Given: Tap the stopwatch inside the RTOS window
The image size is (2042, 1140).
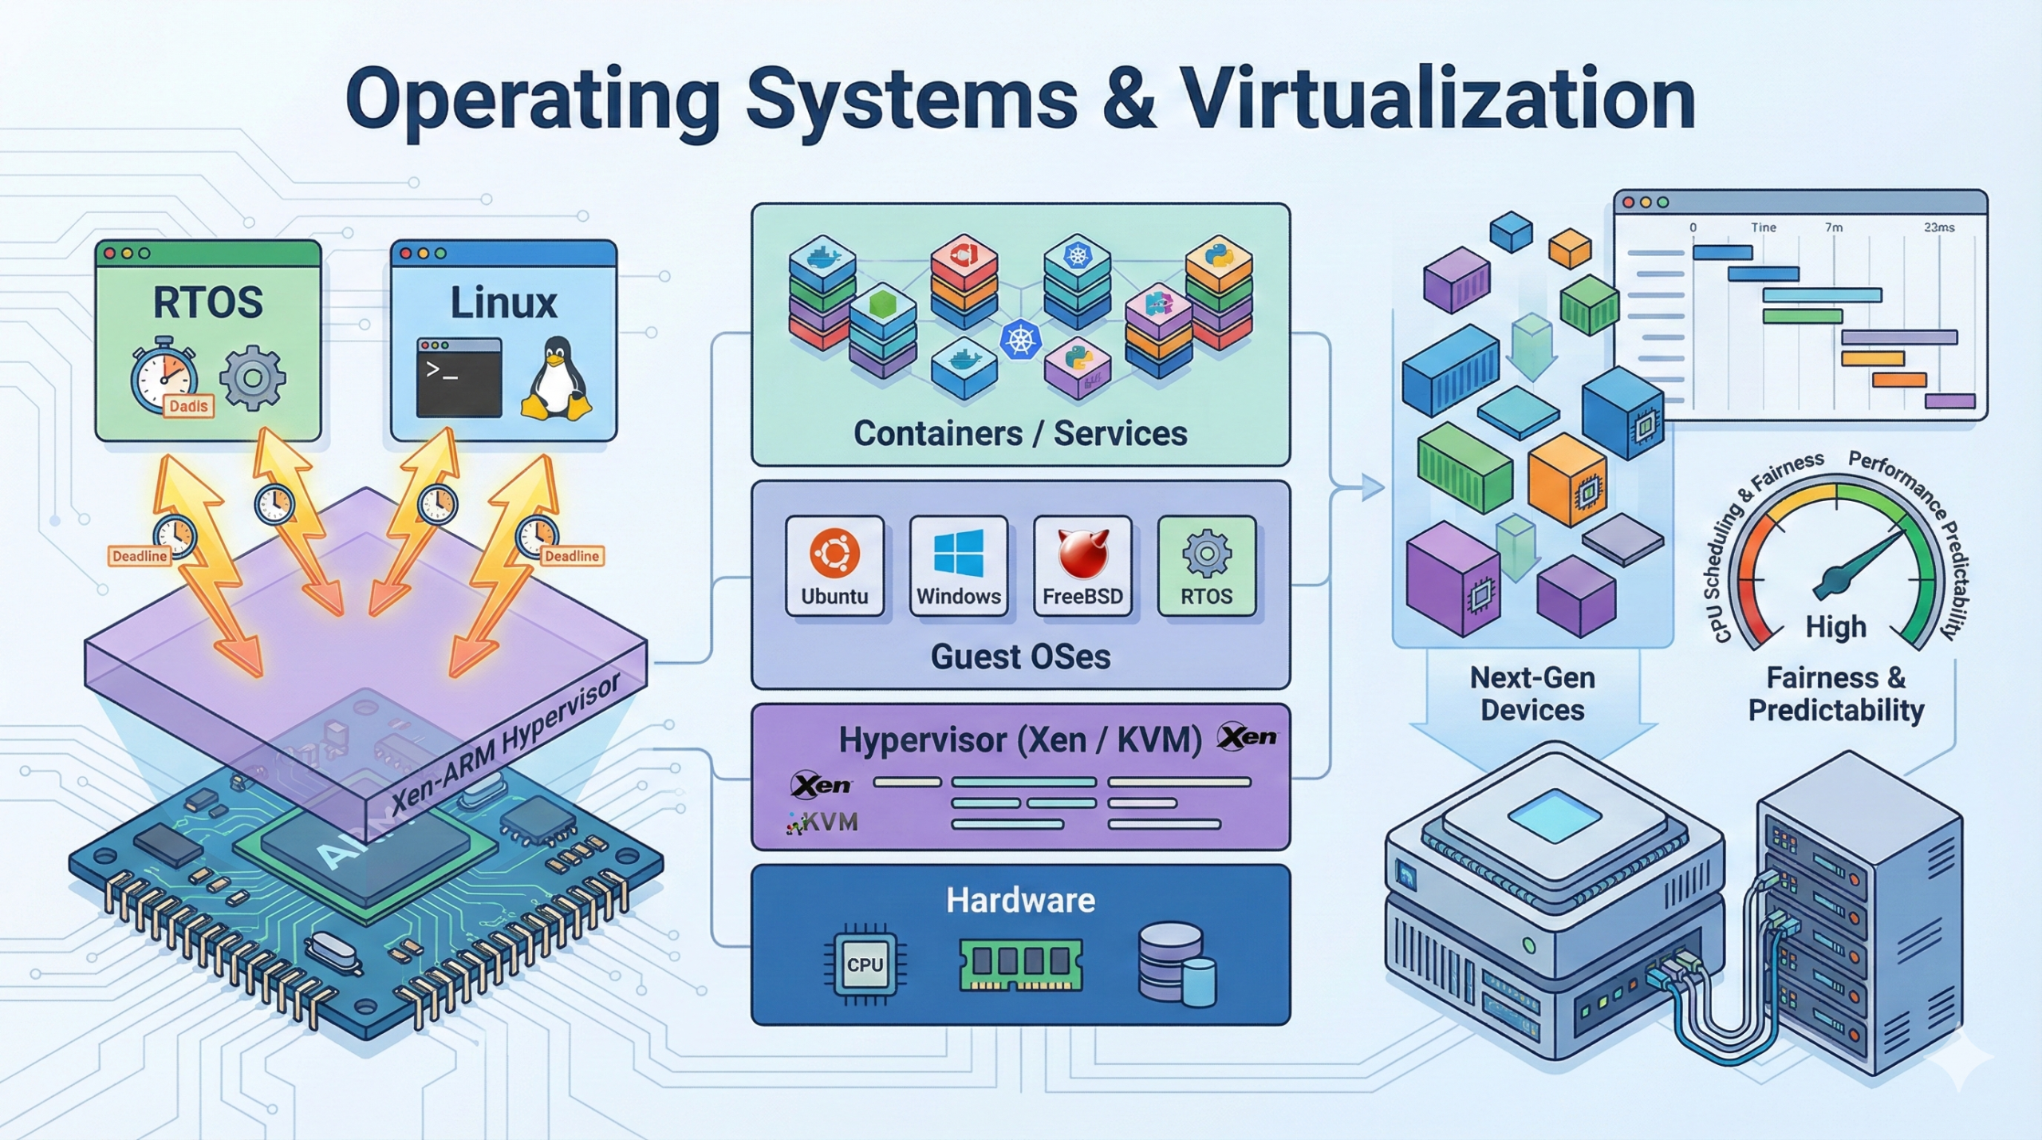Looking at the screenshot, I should tap(165, 375).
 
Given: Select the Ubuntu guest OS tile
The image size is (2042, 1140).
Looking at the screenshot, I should tap(834, 566).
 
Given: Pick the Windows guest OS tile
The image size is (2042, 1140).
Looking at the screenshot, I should tap(958, 566).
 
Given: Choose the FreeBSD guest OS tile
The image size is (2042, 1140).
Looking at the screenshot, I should tap(1082, 566).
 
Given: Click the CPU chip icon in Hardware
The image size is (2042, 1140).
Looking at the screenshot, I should tap(865, 964).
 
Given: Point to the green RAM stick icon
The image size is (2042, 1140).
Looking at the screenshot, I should tap(1020, 964).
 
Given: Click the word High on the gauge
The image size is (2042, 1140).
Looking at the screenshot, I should tap(1836, 627).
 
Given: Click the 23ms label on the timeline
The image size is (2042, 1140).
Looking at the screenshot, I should tap(1938, 227).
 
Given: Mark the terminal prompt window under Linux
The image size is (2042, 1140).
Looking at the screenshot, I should tap(459, 377).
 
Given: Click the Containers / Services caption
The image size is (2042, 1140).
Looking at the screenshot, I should tap(1020, 434).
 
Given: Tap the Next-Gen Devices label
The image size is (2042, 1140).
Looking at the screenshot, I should tap(1532, 693).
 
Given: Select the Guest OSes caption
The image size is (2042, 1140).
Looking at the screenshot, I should tap(1020, 657).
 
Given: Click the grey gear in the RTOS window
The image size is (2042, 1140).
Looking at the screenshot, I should tap(252, 377).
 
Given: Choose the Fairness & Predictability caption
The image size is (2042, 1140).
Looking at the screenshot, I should tap(1836, 693).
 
